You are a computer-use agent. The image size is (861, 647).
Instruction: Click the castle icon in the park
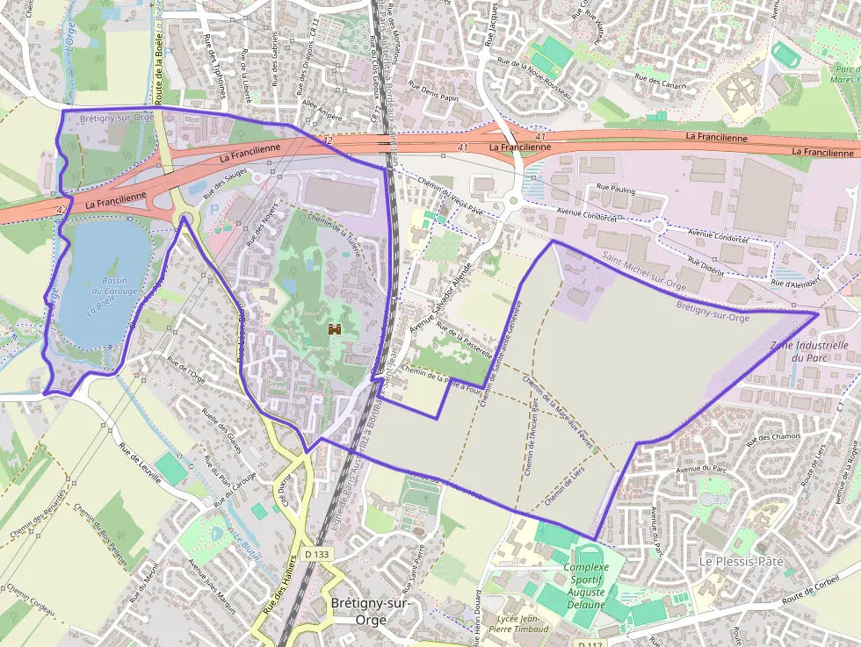tap(334, 329)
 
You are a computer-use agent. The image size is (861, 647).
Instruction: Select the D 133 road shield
tap(317, 554)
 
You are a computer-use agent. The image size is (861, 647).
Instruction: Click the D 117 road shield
tap(591, 645)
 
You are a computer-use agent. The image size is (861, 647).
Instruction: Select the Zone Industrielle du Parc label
tap(808, 351)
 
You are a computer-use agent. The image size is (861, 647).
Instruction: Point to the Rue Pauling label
tap(616, 188)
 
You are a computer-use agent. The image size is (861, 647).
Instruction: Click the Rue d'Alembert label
tap(794, 284)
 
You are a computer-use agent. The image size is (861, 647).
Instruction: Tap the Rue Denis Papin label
tap(433, 92)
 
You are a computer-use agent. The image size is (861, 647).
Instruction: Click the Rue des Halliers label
tap(279, 585)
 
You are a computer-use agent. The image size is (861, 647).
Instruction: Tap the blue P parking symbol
tap(216, 210)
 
